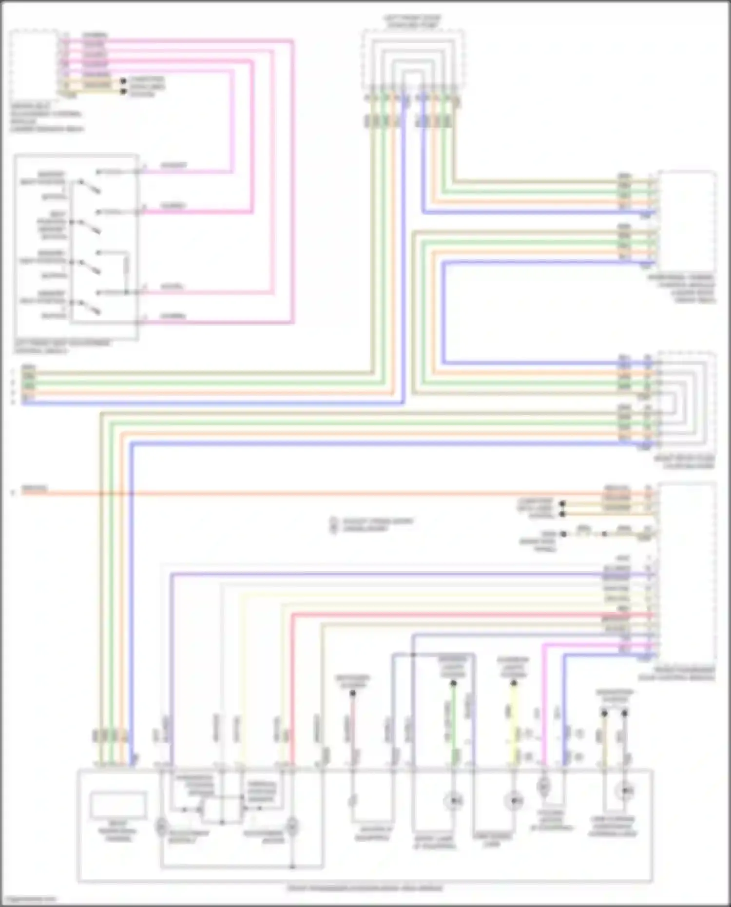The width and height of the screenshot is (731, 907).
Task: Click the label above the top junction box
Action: pyautogui.click(x=412, y=21)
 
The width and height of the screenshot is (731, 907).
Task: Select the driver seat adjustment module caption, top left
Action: pyautogui.click(x=47, y=117)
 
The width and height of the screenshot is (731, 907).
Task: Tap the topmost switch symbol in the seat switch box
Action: pyautogui.click(x=90, y=186)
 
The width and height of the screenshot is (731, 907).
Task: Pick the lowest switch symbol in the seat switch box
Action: pyautogui.click(x=90, y=306)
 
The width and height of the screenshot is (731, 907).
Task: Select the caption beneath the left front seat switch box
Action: pyautogui.click(x=62, y=347)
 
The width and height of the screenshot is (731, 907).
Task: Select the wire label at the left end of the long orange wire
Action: pyautogui.click(x=34, y=489)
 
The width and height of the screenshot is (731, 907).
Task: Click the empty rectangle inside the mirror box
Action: pyautogui.click(x=118, y=805)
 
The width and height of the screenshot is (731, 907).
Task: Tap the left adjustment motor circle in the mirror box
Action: pyautogui.click(x=161, y=826)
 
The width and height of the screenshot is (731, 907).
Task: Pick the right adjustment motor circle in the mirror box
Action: pyautogui.click(x=291, y=826)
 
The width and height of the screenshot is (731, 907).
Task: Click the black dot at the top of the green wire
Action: pyautogui.click(x=453, y=683)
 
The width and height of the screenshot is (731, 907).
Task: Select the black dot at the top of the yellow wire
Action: pyautogui.click(x=513, y=683)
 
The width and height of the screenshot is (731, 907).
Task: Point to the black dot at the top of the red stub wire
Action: pyautogui.click(x=352, y=693)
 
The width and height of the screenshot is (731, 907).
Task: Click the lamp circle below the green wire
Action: pyautogui.click(x=453, y=801)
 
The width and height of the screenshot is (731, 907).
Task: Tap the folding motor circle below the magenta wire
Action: pyautogui.click(x=543, y=786)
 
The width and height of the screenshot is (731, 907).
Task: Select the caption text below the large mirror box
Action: pyautogui.click(x=365, y=888)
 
